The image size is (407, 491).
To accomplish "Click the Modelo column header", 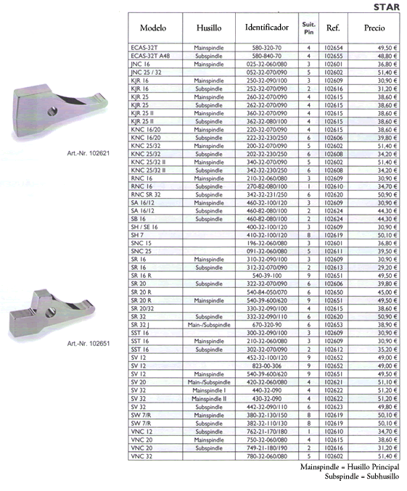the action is (x=153, y=28).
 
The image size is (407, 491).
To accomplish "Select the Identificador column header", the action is (x=267, y=28).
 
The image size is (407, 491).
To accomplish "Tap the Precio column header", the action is (x=374, y=28).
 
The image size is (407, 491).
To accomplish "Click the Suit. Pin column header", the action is (x=308, y=28).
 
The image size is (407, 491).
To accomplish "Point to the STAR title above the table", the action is (x=387, y=7).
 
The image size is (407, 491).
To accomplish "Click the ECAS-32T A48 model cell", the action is (x=150, y=56).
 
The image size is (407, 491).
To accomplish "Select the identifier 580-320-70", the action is (x=267, y=48).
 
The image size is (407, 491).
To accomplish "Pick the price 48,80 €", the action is (x=387, y=56).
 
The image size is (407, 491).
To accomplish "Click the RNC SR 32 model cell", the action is (x=146, y=194).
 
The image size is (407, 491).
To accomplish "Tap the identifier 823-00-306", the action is (x=267, y=366).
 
